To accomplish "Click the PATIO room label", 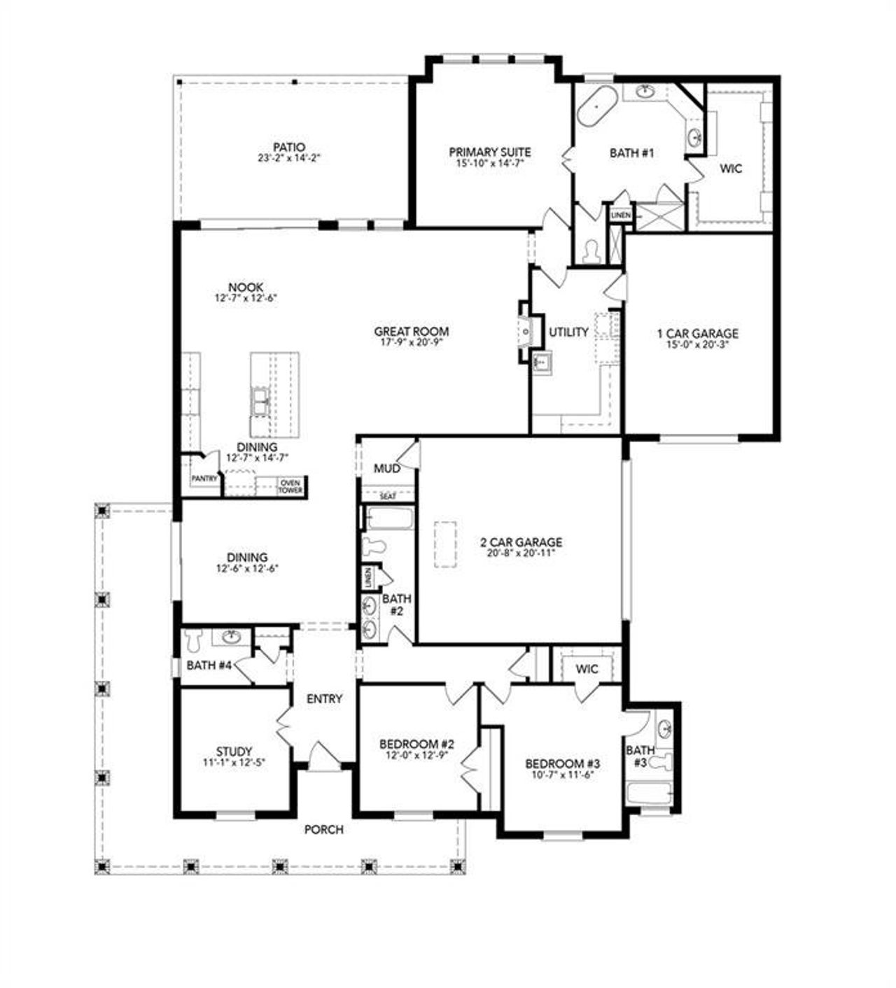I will click(288, 148).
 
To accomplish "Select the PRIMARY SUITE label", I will click(489, 152).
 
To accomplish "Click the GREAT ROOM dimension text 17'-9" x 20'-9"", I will click(411, 342).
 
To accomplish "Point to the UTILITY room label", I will click(568, 332).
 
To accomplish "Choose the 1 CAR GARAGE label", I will click(697, 334).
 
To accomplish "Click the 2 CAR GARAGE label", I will click(521, 542).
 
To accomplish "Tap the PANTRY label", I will click(204, 479).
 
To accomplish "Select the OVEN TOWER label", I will click(290, 486).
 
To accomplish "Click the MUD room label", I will click(387, 468).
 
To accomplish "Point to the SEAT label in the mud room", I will click(387, 496).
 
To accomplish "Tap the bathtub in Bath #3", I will click(650, 793).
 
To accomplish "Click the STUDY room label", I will click(234, 751).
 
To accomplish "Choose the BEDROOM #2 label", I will click(417, 743).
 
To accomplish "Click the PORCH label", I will click(324, 830).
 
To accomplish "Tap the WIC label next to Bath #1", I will click(730, 169).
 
